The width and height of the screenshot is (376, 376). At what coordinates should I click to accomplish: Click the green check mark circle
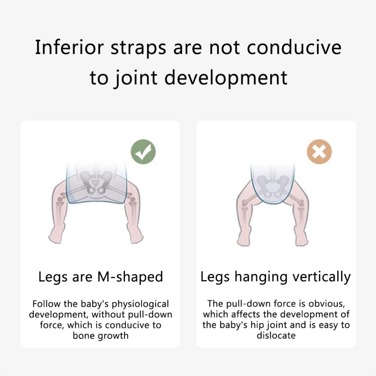coord(143,152)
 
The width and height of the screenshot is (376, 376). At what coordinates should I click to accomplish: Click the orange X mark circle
coord(319,152)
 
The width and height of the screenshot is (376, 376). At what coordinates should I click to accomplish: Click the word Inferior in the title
coord(69,47)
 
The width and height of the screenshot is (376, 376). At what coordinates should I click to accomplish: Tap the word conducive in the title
coord(294,47)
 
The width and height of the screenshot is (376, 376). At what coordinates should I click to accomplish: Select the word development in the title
coord(226,78)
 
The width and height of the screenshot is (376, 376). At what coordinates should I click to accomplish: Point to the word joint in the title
coord(136,78)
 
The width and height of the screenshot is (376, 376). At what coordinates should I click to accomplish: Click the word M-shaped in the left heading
coord(130,276)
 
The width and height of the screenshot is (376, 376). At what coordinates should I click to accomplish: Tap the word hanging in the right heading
coord(261,277)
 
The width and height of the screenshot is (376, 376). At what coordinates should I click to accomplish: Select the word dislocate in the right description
coord(276,335)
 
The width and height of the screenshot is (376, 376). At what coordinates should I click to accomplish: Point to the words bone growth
coord(101,335)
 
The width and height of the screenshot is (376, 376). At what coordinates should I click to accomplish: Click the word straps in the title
coord(138,48)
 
